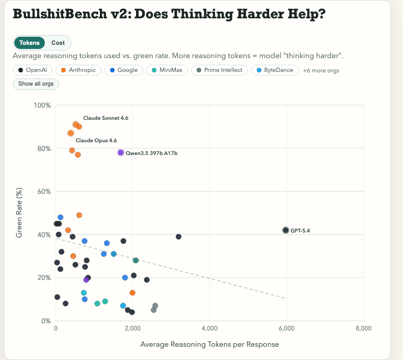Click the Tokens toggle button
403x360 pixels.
[29, 43]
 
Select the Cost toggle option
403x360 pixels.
[58, 43]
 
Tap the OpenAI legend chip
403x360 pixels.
[34, 70]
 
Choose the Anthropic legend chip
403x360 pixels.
[78, 70]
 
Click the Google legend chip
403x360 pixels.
[124, 70]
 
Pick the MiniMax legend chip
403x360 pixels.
[167, 70]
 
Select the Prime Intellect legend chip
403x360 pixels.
[220, 70]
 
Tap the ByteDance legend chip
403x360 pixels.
[275, 70]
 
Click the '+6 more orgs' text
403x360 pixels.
[321, 70]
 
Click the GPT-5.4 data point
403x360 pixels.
[286, 230]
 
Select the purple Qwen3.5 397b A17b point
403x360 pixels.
[121, 152]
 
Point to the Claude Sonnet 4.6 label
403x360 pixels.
[105, 118]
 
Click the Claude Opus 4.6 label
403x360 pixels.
[96, 140]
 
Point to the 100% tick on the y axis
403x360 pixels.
[42, 106]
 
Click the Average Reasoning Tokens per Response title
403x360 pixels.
[209, 344]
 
